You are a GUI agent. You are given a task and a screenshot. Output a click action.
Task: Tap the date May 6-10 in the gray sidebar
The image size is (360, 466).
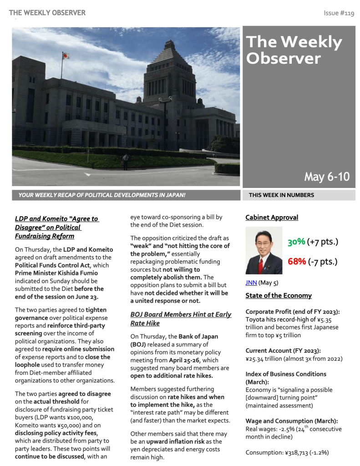[x=327, y=177]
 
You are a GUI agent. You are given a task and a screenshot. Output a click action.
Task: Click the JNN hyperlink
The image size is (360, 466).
[x=251, y=283]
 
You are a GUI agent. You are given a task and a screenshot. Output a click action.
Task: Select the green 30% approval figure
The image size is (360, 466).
[x=296, y=242]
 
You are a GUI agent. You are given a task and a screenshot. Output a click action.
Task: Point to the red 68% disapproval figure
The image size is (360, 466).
[x=296, y=262]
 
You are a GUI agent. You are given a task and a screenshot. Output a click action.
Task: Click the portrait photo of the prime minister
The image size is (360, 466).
[x=264, y=251]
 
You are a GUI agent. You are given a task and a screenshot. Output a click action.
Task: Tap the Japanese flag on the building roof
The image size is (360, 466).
[x=66, y=56]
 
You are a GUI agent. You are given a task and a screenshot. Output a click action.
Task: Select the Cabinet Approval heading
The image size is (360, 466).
[x=272, y=218]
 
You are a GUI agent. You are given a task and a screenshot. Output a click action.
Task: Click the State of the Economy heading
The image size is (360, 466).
[x=279, y=295]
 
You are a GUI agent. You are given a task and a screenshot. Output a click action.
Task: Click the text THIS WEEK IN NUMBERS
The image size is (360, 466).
[x=281, y=195]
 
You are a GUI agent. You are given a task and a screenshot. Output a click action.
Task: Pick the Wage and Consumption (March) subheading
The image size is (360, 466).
[x=291, y=421]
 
